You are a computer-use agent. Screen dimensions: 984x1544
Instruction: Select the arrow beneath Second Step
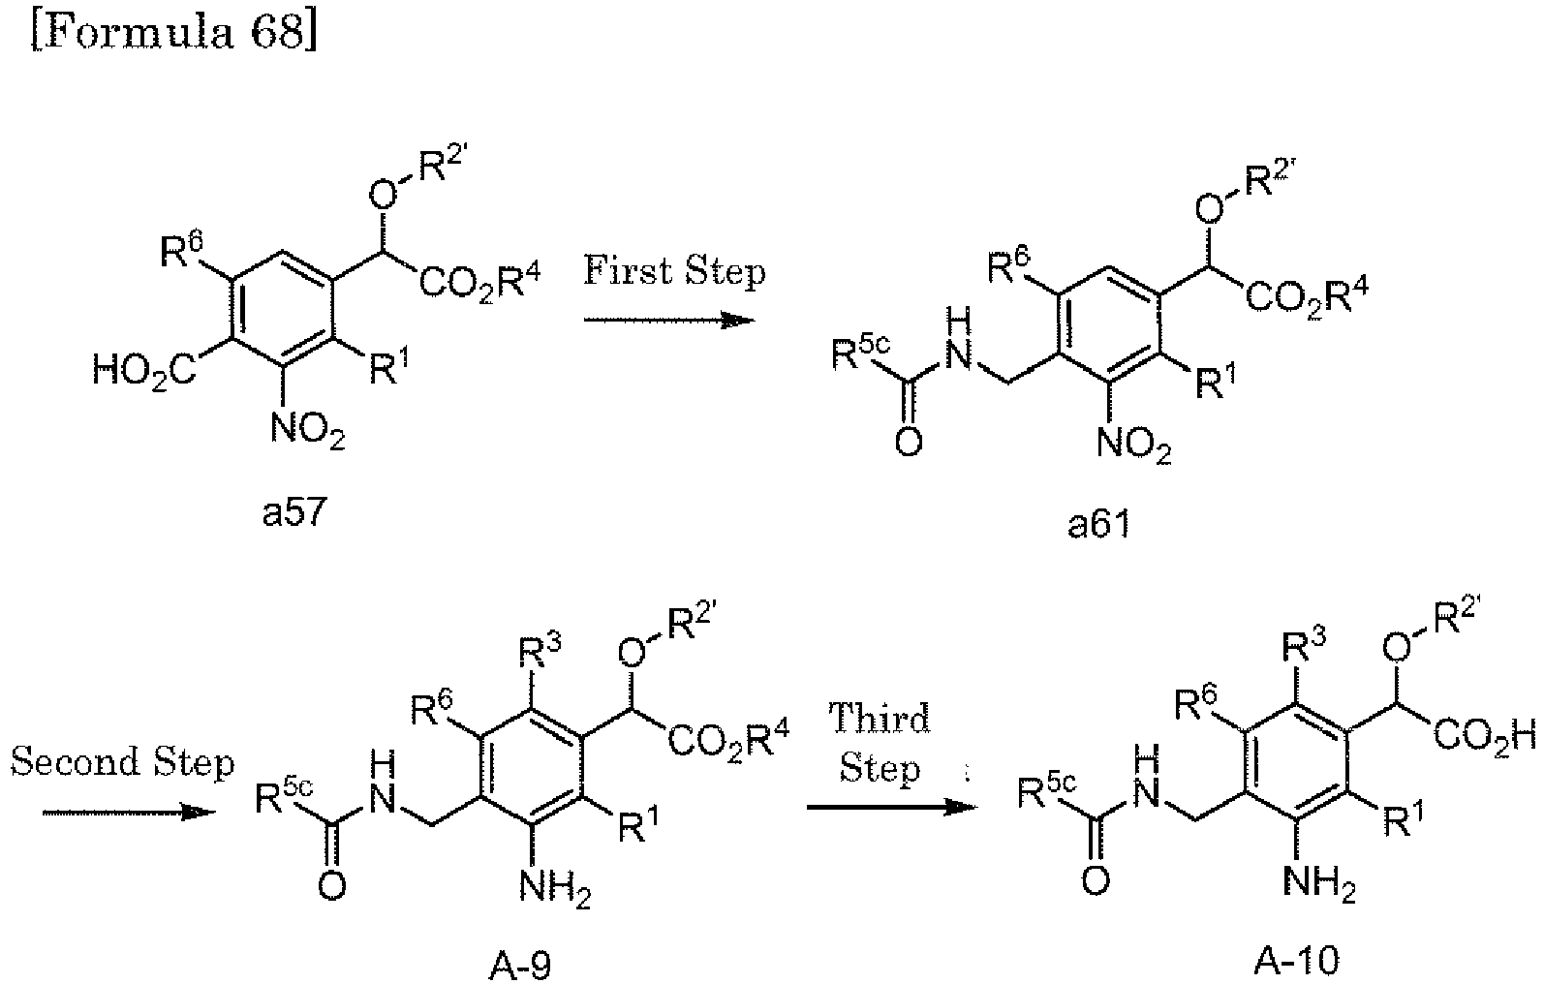coord(127,812)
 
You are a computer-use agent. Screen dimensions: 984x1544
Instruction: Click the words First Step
coord(674,270)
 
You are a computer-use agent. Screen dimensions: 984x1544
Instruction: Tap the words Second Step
coord(123,762)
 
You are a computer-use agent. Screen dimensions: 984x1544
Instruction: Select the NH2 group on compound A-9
coord(554,885)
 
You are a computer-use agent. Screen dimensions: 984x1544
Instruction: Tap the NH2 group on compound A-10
coord(1318,881)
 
